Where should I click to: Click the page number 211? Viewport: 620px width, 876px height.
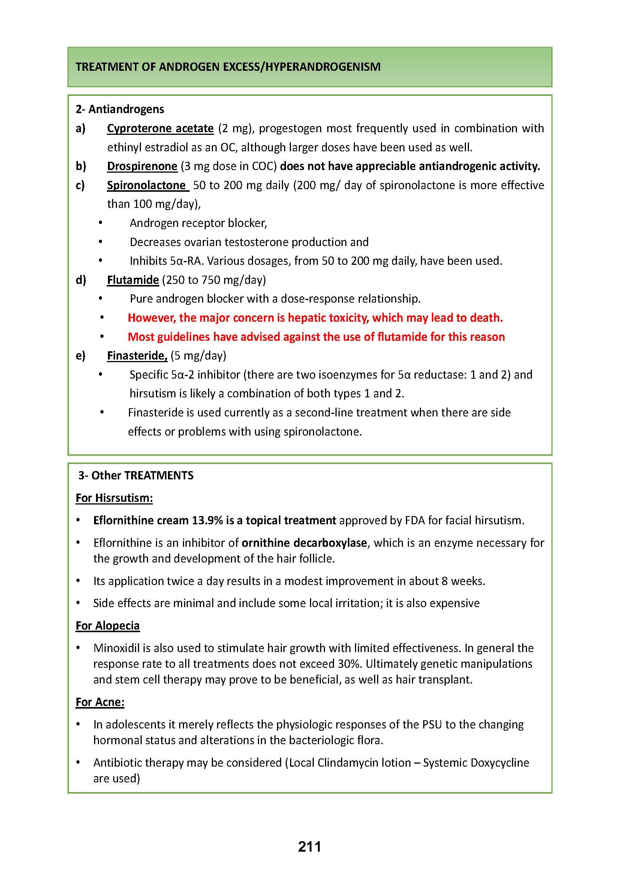309,847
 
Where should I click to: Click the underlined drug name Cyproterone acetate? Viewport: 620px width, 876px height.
160,128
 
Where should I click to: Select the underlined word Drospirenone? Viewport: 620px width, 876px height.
142,166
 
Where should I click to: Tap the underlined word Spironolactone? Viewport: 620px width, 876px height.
147,185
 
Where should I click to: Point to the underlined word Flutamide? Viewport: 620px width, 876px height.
133,280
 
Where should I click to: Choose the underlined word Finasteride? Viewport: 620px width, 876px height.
137,355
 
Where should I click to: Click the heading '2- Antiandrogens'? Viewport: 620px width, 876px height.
120,109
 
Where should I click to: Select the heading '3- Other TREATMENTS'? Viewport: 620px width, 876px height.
136,475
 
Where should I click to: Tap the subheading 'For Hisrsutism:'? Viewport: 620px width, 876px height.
114,498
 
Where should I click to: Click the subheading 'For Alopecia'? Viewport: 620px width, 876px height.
108,626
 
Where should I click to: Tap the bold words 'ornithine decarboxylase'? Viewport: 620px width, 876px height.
304,543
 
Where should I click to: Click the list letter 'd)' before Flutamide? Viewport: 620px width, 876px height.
81,280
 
